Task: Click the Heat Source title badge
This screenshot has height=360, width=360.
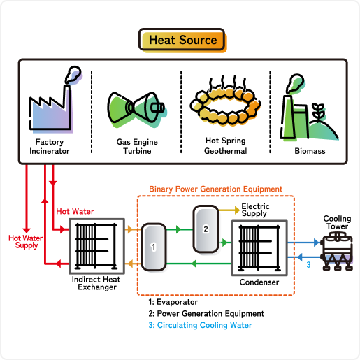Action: pyautogui.click(x=182, y=40)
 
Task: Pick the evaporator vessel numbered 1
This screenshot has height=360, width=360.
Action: pyautogui.click(x=154, y=247)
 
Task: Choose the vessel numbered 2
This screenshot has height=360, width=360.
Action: pyautogui.click(x=206, y=229)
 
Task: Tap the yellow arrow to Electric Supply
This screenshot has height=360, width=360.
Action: pyautogui.click(x=229, y=210)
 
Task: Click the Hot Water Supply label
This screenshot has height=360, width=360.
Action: pyautogui.click(x=26, y=242)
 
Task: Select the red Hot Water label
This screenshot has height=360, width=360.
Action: pyautogui.click(x=75, y=211)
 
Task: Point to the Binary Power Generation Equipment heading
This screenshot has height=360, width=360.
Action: pyautogui.click(x=216, y=189)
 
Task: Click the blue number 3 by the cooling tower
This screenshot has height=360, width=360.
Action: pyautogui.click(x=308, y=265)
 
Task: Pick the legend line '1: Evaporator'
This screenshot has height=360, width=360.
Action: pyautogui.click(x=173, y=302)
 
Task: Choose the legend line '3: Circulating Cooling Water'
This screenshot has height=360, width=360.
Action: pyautogui.click(x=201, y=325)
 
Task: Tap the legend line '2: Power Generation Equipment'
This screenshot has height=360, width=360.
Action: pyautogui.click(x=206, y=314)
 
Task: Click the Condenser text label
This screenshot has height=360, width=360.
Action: pyautogui.click(x=259, y=282)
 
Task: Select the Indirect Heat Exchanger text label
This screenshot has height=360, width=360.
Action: pyautogui.click(x=96, y=283)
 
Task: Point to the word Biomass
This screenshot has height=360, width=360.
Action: pyautogui.click(x=310, y=151)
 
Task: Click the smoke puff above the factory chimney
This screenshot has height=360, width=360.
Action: pyautogui.click(x=73, y=75)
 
